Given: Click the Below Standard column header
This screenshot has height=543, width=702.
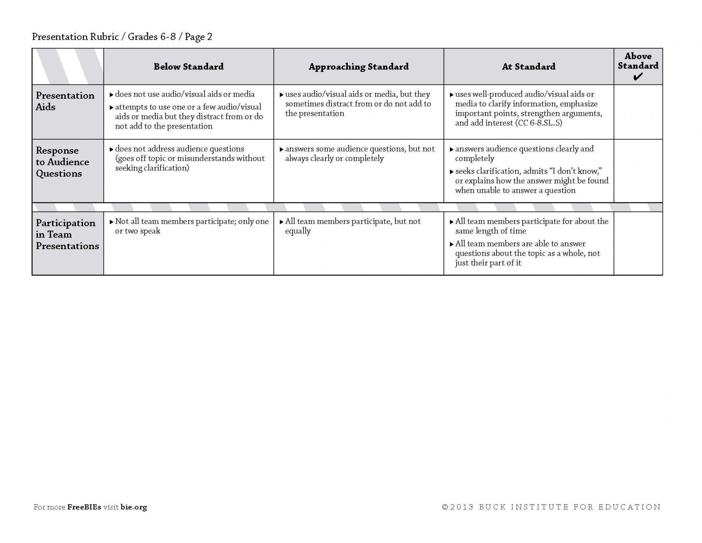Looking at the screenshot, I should (188, 67).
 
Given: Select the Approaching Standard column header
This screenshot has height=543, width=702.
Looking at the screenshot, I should (358, 67).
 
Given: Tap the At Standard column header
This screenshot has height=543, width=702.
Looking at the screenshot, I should (528, 67).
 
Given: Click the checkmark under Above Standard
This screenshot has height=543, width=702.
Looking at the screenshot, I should (637, 77).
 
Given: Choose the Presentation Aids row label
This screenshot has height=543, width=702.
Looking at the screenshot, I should (65, 101).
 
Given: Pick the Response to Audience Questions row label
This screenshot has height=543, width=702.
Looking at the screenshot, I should (62, 162).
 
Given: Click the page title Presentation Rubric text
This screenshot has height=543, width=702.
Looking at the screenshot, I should (75, 37).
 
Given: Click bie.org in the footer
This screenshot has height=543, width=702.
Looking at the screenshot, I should (134, 507).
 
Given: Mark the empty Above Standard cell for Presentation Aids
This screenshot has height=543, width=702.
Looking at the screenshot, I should (638, 112).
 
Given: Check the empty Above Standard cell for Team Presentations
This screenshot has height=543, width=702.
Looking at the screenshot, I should (638, 243).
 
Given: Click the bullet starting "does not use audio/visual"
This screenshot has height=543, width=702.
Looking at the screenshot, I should (184, 94).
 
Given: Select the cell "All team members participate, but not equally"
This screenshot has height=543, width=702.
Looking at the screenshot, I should (352, 226).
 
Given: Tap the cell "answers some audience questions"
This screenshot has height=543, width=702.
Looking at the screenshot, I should (360, 154).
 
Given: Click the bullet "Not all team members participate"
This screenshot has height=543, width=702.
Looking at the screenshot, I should (191, 226).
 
